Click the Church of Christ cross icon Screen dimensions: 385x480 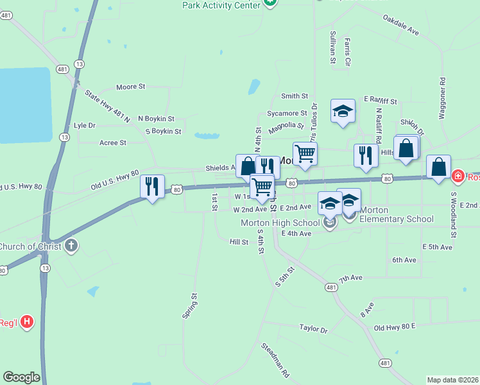[x=71, y=245]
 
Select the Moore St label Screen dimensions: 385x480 [x=131, y=87]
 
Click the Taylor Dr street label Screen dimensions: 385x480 [x=313, y=328]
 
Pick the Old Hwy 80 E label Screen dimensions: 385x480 [x=395, y=327]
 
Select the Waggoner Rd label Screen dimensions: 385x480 [x=442, y=99]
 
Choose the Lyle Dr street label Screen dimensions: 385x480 [x=85, y=126]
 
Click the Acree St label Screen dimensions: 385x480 [x=113, y=142]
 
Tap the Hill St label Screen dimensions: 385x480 [x=239, y=242]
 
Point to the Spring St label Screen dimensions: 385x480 [x=190, y=306]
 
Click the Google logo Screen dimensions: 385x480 [x=21, y=377]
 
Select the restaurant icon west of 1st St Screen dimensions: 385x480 [x=152, y=187]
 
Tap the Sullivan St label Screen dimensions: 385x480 [x=333, y=47]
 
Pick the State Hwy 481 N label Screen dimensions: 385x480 [x=107, y=106]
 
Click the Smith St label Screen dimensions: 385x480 [x=295, y=96]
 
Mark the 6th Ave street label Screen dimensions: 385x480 [x=404, y=260]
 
